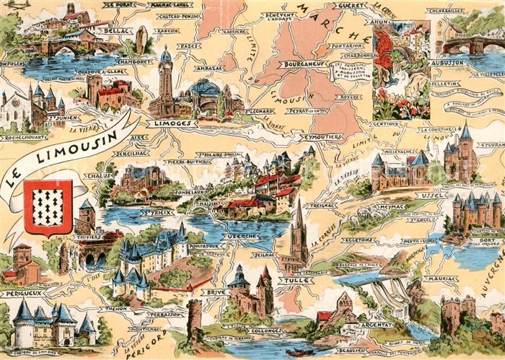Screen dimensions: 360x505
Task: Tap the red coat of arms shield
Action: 48,207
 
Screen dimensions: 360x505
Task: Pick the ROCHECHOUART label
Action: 25,137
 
